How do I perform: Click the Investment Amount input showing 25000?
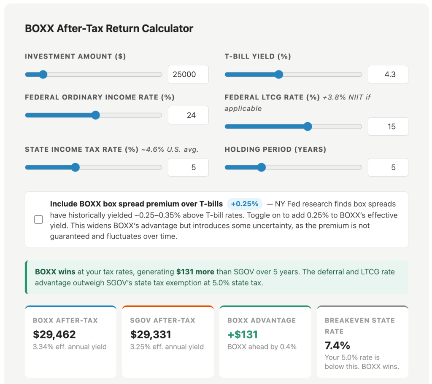click(188, 75)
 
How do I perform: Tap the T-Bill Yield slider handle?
click(278, 75)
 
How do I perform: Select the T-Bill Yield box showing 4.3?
click(388, 75)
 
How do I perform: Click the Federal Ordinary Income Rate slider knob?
click(96, 115)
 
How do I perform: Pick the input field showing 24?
click(188, 115)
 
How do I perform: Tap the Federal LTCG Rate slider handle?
click(308, 126)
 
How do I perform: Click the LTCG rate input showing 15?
click(388, 126)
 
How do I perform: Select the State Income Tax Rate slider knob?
click(76, 167)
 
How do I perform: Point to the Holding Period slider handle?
click(262, 167)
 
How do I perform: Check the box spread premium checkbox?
click(38, 220)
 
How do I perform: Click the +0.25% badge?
click(245, 204)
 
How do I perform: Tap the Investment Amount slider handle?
click(43, 75)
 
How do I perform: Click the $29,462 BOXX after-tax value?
click(54, 335)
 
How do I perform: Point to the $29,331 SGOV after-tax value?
click(151, 335)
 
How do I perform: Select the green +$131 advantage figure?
click(243, 335)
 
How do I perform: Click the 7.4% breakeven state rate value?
click(337, 346)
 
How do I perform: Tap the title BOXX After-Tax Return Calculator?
click(109, 29)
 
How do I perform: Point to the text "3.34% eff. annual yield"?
click(70, 347)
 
